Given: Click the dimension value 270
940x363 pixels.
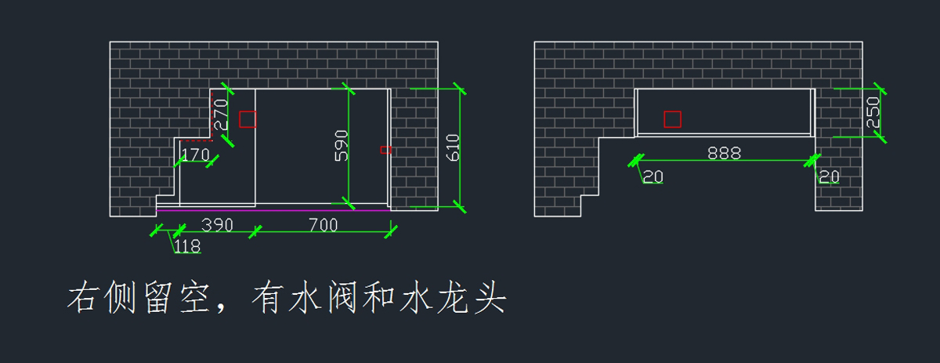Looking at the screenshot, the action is (221, 114).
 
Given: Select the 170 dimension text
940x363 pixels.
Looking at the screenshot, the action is (195, 154).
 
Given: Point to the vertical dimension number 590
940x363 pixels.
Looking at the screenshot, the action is (342, 146).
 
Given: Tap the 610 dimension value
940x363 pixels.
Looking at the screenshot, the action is (453, 147).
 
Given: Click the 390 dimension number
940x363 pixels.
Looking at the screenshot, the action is (217, 226).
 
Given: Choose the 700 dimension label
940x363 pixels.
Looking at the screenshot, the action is (322, 226).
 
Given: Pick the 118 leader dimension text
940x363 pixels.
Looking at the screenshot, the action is (187, 247).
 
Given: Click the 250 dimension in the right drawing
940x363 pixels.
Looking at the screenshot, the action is (873, 113).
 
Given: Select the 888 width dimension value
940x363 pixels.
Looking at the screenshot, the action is (724, 154).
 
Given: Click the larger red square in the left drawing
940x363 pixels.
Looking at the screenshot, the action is (248, 119).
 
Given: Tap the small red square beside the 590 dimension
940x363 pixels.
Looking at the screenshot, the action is (385, 149).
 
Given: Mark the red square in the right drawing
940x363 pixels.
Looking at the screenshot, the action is (672, 119).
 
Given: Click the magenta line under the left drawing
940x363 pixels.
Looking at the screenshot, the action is (274, 210).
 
